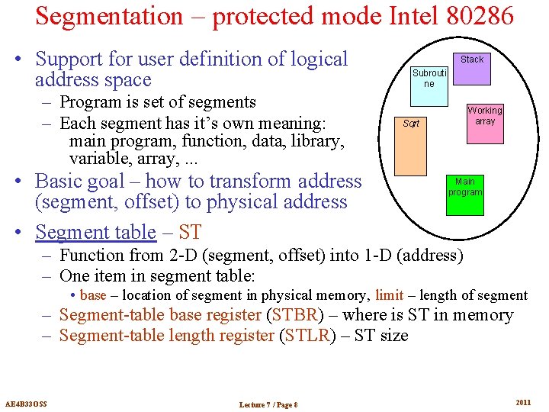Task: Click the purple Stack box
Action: point(472,64)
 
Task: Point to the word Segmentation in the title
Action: point(109,15)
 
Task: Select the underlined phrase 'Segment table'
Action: point(95,231)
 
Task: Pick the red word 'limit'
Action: point(389,295)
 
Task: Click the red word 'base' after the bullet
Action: point(93,295)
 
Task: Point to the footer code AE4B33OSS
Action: point(26,403)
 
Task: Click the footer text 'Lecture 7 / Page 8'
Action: point(268,404)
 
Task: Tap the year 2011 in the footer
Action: point(523,402)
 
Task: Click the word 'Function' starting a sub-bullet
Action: point(93,255)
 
